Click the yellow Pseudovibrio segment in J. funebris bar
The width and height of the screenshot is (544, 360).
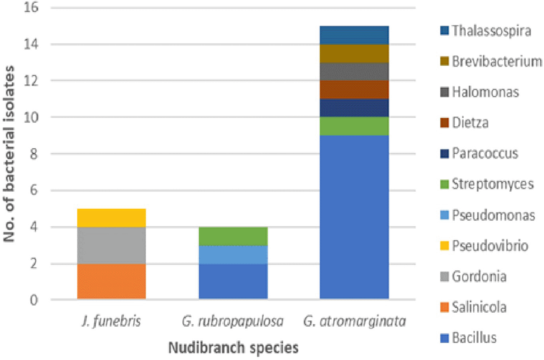coord(111,218)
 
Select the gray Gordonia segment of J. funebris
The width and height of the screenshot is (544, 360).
coord(111,245)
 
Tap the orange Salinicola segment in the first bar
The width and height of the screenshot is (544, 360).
coord(111,281)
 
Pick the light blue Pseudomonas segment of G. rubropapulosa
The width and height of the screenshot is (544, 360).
coord(233,254)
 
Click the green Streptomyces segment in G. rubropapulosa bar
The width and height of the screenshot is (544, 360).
coord(233,236)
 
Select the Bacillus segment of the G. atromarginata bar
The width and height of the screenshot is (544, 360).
coord(354,217)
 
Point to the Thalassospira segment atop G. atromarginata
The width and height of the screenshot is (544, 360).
coord(354,35)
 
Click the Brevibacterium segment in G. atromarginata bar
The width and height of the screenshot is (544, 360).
coord(354,53)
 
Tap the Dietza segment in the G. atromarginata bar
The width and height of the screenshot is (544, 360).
coord(354,90)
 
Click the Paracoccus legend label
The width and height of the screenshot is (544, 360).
coord(485,153)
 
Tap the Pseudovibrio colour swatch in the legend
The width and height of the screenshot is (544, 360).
coord(444,246)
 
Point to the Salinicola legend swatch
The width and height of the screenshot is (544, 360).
coord(444,307)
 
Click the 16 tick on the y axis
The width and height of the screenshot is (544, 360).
coord(31,7)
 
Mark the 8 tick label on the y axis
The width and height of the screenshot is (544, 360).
coord(34,154)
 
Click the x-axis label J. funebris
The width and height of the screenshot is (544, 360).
coord(111,321)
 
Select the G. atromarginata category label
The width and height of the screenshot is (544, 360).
coord(354,321)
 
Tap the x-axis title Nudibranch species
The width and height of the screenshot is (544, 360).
coord(233,348)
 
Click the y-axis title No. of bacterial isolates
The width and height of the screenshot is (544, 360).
coord(9,154)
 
